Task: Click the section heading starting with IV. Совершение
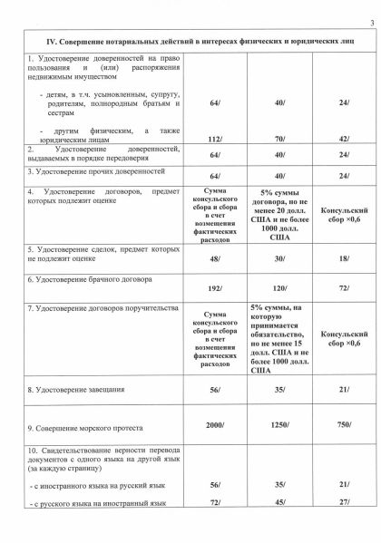(190, 41)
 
